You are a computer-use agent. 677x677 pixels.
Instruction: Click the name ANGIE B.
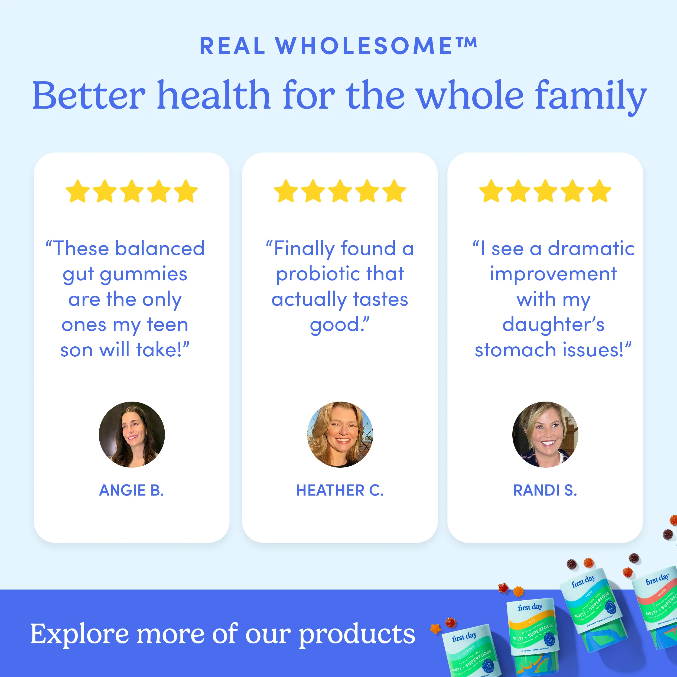click(131, 490)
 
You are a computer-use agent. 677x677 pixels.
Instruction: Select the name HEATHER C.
click(340, 490)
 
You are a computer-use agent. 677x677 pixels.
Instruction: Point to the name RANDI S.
click(545, 490)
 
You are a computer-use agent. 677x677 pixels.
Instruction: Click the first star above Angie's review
click(77, 191)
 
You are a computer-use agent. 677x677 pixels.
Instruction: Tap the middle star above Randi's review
click(545, 191)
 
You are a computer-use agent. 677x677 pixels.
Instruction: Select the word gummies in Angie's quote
click(144, 274)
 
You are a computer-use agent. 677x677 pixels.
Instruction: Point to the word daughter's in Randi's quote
click(553, 324)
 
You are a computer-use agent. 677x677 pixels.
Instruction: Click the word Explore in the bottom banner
click(79, 634)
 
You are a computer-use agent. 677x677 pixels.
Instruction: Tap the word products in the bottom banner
click(357, 634)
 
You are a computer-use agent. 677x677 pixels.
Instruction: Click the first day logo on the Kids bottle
click(530, 607)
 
